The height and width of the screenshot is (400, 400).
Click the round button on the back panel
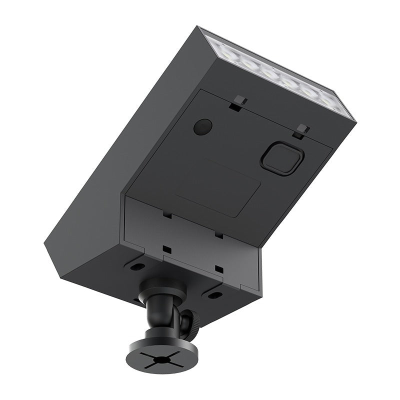coord(202,126)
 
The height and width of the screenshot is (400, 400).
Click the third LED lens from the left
coord(269,72)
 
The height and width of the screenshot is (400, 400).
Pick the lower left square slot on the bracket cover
coord(166,248)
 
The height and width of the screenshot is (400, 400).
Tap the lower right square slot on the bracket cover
coord(218,269)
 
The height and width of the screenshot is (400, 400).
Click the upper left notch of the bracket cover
coord(167,215)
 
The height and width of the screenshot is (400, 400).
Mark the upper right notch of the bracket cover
coord(218,233)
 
